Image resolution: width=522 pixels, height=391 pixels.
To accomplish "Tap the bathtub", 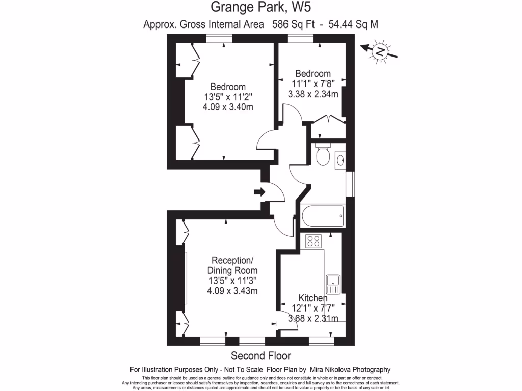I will (323, 216).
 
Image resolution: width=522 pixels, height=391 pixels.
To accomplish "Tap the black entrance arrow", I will (259, 192).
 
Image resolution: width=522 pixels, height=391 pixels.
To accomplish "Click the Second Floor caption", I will (261, 355).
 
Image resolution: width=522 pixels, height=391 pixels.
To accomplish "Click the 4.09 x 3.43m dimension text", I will (232, 291).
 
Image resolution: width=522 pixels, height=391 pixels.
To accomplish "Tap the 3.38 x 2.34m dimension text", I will (313, 94).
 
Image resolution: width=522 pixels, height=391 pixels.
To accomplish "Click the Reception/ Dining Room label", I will (232, 265).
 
